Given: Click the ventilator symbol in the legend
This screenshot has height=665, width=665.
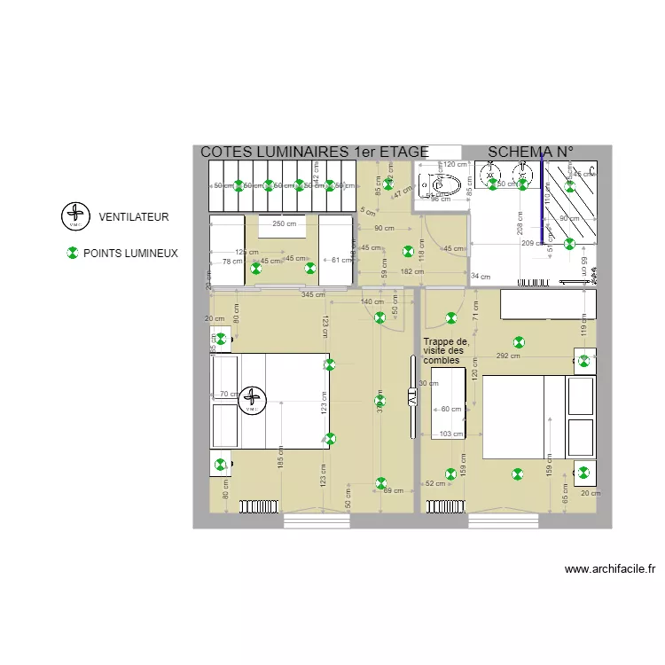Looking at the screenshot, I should [x=75, y=215].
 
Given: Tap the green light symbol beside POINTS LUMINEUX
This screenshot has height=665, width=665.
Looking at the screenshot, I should [x=73, y=254].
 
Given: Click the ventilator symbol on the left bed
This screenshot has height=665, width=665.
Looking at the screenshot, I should [x=253, y=401].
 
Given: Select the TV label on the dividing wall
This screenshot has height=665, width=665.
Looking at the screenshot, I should [x=412, y=398].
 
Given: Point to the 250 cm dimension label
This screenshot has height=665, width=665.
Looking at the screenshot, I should [x=284, y=223].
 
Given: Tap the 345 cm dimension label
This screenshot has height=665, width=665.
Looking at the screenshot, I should [x=312, y=294].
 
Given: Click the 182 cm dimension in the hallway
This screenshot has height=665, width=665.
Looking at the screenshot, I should [x=411, y=272].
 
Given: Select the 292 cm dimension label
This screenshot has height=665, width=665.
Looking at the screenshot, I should [x=508, y=356].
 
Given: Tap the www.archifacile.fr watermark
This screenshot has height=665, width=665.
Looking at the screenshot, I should [x=609, y=570].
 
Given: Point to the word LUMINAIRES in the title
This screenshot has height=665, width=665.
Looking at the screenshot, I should [x=299, y=153].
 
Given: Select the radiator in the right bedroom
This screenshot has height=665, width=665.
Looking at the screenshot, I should [x=444, y=506].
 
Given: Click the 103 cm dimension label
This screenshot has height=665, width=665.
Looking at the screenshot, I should [x=451, y=434].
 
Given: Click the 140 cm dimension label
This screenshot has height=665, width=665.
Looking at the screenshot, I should [x=372, y=302].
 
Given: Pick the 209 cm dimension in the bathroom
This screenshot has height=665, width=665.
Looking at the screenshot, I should [x=532, y=243].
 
